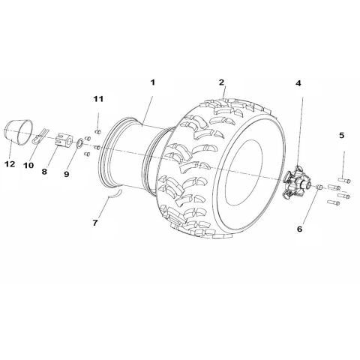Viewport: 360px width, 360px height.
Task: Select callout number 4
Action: pos(298,84)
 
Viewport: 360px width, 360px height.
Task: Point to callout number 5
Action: pos(342,136)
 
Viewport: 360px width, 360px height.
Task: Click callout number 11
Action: pos(98,98)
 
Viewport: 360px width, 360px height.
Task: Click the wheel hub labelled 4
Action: pos(295,182)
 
